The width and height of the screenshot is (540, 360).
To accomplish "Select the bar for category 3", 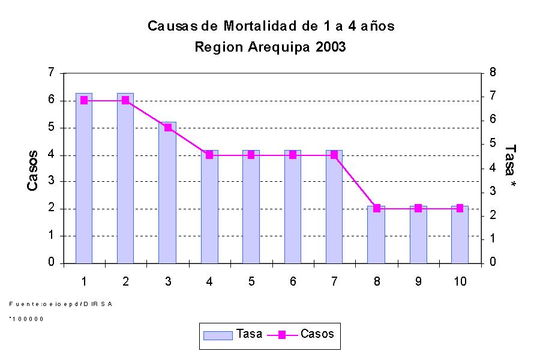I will coord(167,192).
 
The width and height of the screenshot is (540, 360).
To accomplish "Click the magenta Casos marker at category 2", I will coord(125,100).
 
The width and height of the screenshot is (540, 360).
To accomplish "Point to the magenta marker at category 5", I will coord(251,155).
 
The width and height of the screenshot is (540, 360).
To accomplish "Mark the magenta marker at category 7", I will coord(334,155).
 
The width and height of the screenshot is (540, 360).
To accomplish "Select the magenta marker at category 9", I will coord(418,208).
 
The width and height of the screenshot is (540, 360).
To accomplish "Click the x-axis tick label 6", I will coord(293,282).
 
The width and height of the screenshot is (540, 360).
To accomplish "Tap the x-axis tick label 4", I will coord(209,282).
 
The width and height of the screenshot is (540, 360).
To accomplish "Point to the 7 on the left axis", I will coord(52,73).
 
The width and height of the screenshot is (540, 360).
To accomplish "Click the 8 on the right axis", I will coord(493,73).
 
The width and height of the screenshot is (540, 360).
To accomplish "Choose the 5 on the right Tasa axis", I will coord(493,143).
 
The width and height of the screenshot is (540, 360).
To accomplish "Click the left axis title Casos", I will coord(34,171).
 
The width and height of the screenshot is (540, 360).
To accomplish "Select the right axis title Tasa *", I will coord(510,166).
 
